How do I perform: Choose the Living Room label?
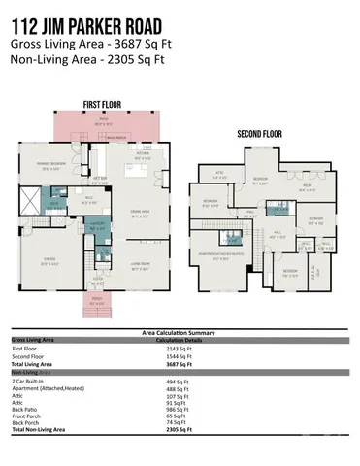141,264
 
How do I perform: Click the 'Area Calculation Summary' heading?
180,333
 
